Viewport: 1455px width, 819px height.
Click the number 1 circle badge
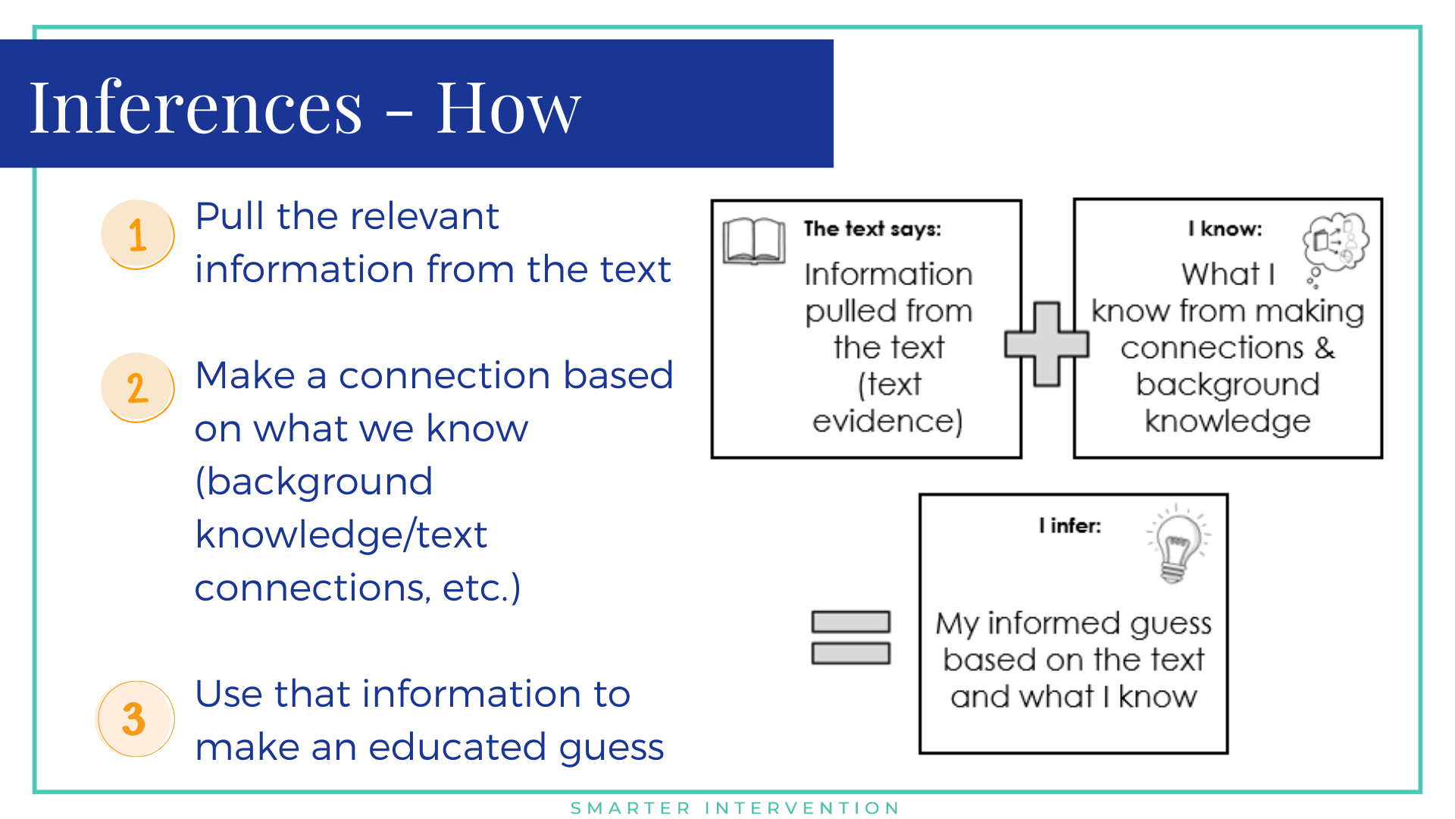click(x=138, y=234)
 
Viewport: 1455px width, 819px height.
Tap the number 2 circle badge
click(x=138, y=388)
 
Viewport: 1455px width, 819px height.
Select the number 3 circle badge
click(x=136, y=718)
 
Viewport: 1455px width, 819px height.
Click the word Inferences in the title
click(x=196, y=108)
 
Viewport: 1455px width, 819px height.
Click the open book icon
click(x=754, y=241)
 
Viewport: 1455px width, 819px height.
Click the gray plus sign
click(x=1047, y=344)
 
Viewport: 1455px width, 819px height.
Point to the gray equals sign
click(x=850, y=638)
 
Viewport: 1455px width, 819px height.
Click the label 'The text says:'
click(x=872, y=229)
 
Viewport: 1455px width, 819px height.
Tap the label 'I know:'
click(x=1225, y=229)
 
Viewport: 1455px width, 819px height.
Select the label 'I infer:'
click(x=1070, y=526)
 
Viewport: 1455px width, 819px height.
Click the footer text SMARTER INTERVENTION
click(x=735, y=808)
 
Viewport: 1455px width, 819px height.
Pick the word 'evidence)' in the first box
click(x=887, y=421)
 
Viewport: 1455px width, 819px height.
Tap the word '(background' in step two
click(x=314, y=482)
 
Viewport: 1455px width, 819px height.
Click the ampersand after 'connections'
click(x=1325, y=348)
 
